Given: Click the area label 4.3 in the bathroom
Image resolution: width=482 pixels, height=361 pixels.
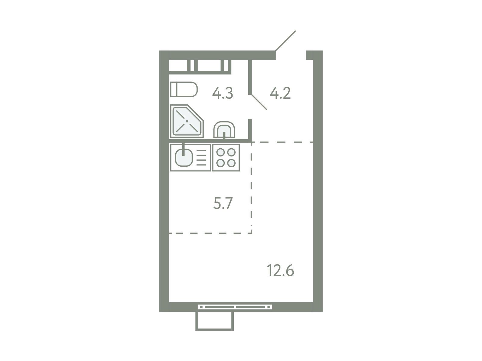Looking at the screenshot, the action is click(222, 93).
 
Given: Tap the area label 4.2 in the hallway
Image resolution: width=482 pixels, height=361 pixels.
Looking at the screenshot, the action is click(280, 93).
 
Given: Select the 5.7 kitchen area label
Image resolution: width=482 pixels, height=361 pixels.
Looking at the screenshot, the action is click(223, 203).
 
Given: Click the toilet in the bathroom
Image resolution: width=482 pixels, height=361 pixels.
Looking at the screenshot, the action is click(184, 89).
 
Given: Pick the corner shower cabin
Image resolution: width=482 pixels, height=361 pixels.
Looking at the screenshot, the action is click(187, 121).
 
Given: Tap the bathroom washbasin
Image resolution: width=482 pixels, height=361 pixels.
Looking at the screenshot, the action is click(224, 130).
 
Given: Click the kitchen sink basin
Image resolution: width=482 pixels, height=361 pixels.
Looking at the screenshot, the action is click(184, 157).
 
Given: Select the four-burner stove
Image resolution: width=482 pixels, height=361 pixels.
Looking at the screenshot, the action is click(226, 157).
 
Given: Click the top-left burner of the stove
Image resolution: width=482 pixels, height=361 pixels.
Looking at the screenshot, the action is click(221, 152).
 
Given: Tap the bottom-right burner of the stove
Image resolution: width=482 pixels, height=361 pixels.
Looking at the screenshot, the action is click(231, 163).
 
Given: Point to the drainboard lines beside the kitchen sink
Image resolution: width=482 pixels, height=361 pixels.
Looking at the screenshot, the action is click(201, 158).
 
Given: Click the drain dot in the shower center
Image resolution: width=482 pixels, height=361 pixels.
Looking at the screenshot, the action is click(187, 121).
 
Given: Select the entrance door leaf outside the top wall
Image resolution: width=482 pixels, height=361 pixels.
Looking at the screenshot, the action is click(286, 41).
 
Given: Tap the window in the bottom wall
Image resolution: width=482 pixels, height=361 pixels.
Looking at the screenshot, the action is click(235, 307).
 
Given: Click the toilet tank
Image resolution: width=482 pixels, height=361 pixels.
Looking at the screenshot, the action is click(174, 89).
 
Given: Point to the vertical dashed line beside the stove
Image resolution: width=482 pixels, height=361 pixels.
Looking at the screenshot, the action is click(251, 188).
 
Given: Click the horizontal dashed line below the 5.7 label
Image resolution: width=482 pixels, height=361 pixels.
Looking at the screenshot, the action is click(210, 233).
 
